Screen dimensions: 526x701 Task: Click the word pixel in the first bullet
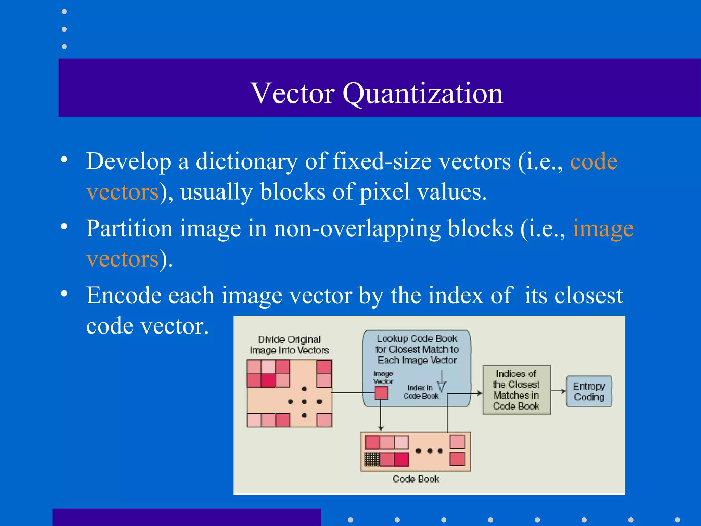tap(384, 191)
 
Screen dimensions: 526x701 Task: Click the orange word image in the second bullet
tap(603, 228)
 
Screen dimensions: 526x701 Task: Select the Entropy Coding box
tap(589, 391)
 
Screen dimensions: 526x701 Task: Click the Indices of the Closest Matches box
tap(516, 390)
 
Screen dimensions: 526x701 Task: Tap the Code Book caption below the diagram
tap(416, 479)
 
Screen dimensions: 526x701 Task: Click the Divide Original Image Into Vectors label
tap(289, 345)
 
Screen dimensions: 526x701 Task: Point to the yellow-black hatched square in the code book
tap(372, 460)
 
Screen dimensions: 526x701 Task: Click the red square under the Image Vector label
tap(381, 393)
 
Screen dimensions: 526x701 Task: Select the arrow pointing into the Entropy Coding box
tap(559, 391)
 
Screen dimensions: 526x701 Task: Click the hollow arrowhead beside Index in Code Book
tap(442, 387)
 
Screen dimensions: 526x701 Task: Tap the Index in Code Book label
tap(421, 392)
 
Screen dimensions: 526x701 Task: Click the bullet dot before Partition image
tap(64, 227)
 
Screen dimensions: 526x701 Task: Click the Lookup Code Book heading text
tap(417, 349)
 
